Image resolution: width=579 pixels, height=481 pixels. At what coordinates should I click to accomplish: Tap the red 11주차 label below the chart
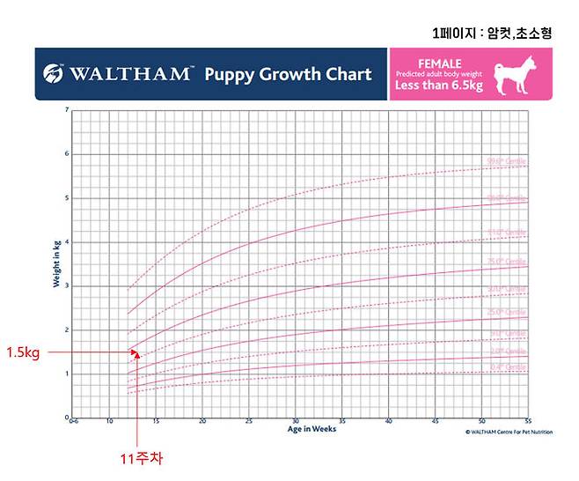point(142,458)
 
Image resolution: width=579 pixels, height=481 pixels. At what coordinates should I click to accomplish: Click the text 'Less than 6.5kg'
point(437,85)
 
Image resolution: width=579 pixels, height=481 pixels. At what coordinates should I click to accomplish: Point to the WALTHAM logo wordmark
point(128,74)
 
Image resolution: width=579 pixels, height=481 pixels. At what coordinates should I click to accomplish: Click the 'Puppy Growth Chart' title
point(288,74)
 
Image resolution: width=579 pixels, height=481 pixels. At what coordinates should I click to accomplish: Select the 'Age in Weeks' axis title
point(311,429)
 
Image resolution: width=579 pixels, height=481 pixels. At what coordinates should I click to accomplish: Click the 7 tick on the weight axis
point(66,111)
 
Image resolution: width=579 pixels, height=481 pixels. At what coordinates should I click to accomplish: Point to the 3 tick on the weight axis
point(66,286)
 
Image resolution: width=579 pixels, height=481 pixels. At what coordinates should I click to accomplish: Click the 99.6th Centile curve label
point(506,161)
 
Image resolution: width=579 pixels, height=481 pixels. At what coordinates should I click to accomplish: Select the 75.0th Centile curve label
point(506,262)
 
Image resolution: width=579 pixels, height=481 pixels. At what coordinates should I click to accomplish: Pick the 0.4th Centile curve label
point(506,366)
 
